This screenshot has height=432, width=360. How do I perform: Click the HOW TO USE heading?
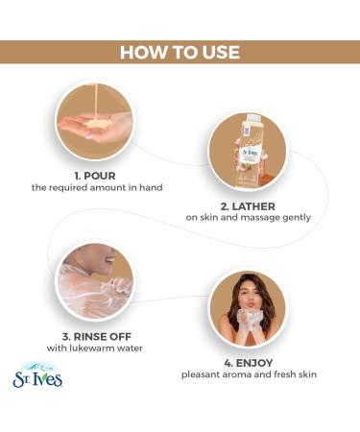[x=180, y=52]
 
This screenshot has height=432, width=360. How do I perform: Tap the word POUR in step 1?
[x=99, y=176]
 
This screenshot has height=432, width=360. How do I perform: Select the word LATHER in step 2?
[x=253, y=206]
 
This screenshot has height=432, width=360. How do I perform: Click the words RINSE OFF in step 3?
[x=103, y=337]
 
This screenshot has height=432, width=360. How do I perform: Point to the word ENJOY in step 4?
[x=254, y=363]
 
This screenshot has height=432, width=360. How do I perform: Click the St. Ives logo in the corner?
[x=37, y=375]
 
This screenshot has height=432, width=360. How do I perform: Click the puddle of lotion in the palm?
[x=97, y=123]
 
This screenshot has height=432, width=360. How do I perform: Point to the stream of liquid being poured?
[x=95, y=103]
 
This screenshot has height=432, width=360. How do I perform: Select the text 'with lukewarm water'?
[x=95, y=348]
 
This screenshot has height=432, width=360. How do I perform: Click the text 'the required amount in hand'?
[x=97, y=187]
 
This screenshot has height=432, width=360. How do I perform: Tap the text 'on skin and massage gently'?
[x=248, y=218]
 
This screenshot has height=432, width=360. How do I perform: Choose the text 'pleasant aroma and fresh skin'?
[x=249, y=374]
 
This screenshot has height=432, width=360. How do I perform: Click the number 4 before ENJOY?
[x=228, y=363]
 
